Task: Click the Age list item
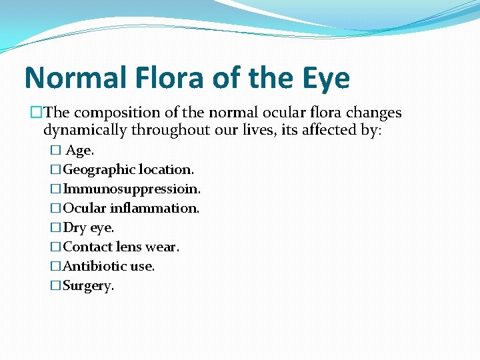79,151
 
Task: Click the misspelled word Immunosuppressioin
131,189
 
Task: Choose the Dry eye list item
88,228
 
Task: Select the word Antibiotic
94,267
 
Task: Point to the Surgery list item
88,286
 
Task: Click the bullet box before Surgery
56,286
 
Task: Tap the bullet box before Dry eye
56,228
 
